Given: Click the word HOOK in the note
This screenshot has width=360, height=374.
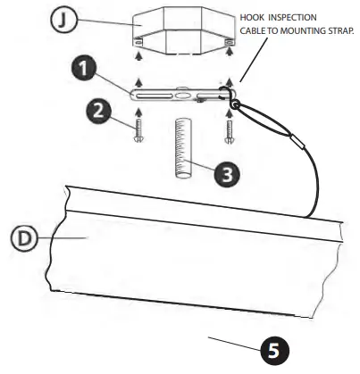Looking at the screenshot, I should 253,17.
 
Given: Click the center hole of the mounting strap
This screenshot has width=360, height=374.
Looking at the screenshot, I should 182,90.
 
